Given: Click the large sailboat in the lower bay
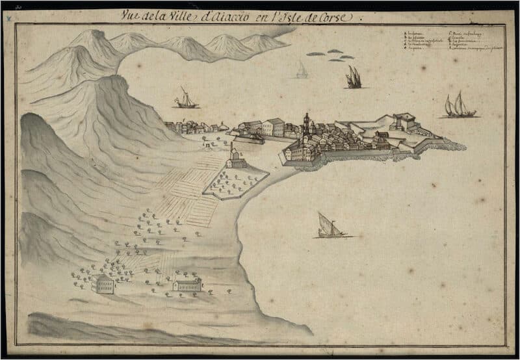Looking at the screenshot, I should pos(330,225).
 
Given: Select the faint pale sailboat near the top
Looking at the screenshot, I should pos(302,70).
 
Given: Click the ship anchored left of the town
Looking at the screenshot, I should pos(186,99).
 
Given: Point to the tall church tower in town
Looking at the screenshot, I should pos(306,124).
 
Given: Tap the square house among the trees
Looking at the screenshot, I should pos(103,283).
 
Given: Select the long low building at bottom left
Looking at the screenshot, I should pos(187,284).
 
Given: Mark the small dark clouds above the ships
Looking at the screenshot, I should pos(333,55).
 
